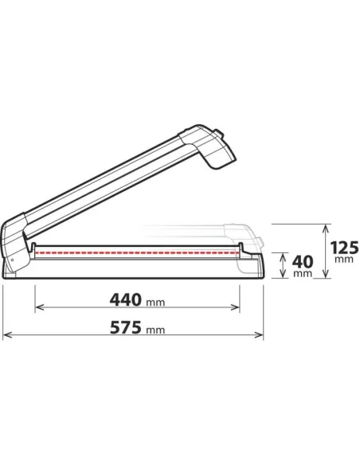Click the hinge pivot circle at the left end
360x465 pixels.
pyautogui.click(x=12, y=257)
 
